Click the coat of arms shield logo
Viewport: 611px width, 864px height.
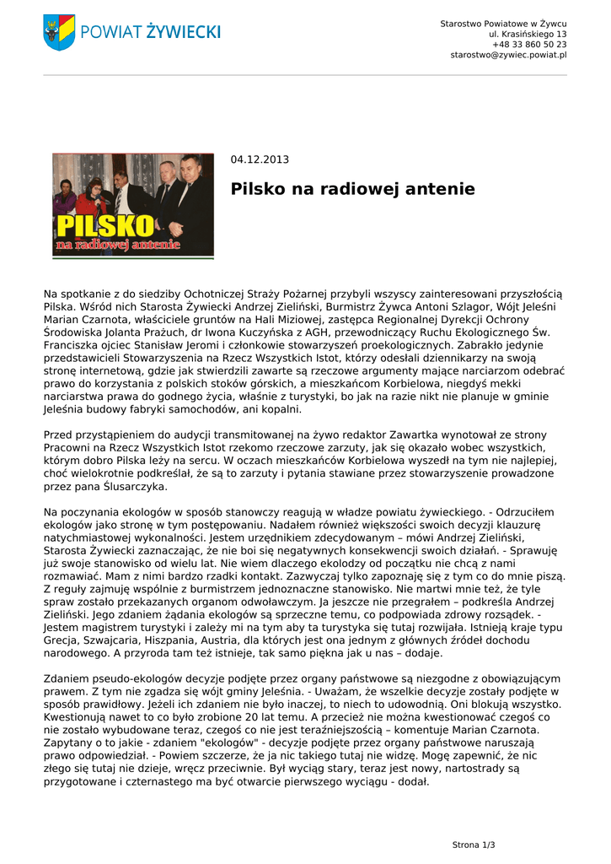pos(59,32)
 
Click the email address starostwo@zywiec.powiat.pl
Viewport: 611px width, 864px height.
pos(508,55)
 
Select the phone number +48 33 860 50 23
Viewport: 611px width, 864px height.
pos(529,44)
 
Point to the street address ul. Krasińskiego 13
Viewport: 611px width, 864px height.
pos(528,34)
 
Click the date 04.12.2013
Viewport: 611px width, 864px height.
pos(260,159)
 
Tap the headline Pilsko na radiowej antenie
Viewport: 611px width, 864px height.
pos(352,190)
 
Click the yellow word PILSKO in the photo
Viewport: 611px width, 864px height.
pos(105,225)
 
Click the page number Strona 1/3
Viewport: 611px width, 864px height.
pos(474,845)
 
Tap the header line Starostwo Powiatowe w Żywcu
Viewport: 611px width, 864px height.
pos(503,23)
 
